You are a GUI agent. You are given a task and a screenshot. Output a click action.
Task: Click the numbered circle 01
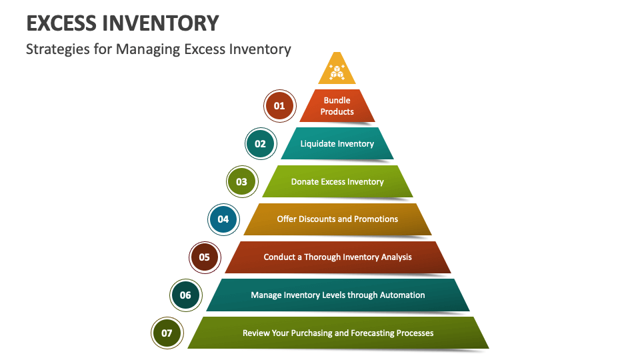[x=279, y=106]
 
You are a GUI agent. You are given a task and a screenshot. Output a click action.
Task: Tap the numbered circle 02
[x=260, y=144]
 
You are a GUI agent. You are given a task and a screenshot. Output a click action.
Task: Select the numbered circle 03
[x=241, y=181]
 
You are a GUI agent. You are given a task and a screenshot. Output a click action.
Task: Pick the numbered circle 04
[x=223, y=219]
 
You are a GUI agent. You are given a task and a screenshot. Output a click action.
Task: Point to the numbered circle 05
[x=204, y=257]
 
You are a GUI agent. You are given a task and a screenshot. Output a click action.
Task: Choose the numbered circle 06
[x=185, y=295]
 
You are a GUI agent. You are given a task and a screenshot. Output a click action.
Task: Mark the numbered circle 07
[x=167, y=333]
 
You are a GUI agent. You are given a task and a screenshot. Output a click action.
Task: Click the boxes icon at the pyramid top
[x=337, y=72]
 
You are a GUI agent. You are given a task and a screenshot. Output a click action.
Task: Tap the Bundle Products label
[x=337, y=106]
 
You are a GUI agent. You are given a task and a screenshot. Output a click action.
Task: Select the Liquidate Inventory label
[x=337, y=144]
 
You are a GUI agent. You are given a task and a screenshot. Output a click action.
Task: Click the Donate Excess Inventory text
[x=337, y=181]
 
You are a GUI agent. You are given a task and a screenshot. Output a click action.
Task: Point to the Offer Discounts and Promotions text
[x=337, y=219]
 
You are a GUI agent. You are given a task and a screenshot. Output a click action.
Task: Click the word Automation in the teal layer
[x=402, y=295]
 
